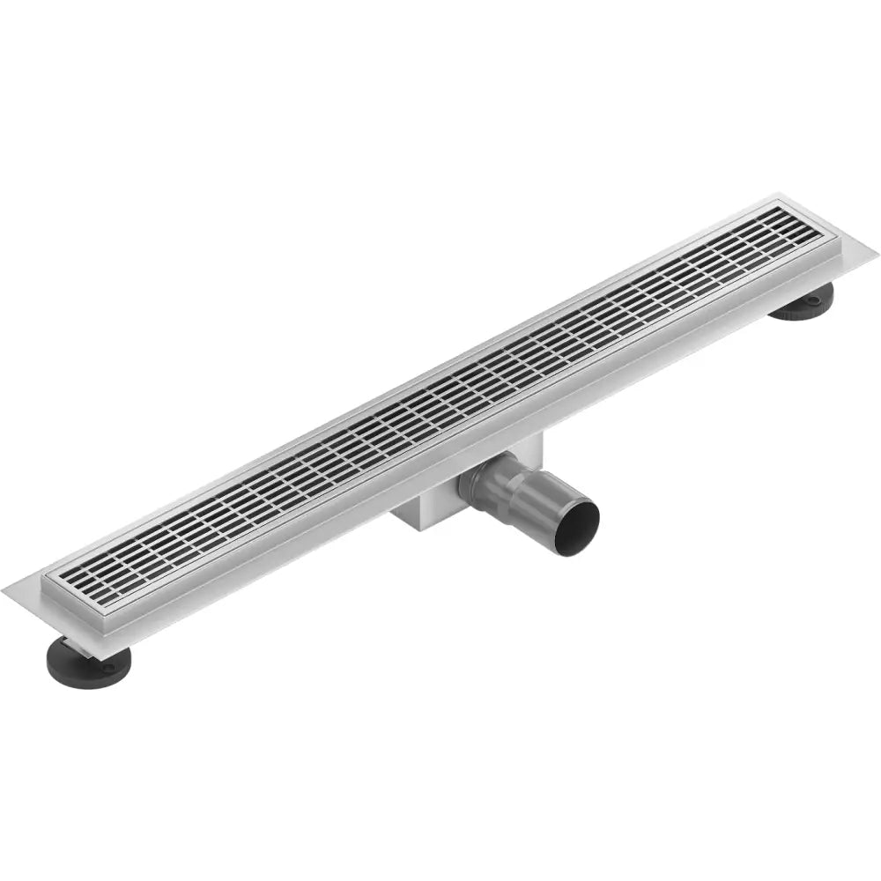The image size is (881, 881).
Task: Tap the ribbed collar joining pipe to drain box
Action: (483, 481)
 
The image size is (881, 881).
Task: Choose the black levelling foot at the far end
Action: (803, 301)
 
